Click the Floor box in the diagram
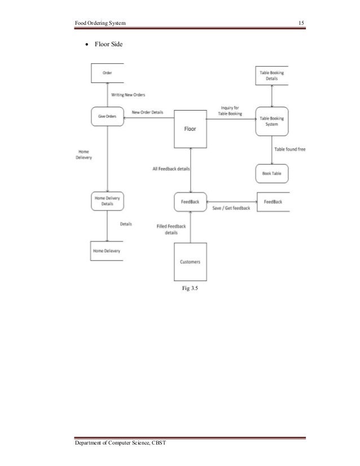coord(190,129)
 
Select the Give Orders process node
coord(107,116)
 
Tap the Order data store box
coord(107,73)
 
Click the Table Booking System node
coord(272,121)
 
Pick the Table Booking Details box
coord(272,76)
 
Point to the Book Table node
coord(272,173)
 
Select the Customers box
coord(190,262)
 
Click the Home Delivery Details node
coord(107,201)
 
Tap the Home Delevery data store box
coord(107,250)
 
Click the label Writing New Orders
coord(128,95)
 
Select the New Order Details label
coord(147,112)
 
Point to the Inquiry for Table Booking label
coord(230,111)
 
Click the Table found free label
coord(289,150)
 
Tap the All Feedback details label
coord(171,169)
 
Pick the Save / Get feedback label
coord(231,208)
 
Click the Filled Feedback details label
coord(171,229)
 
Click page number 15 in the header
coord(301,22)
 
